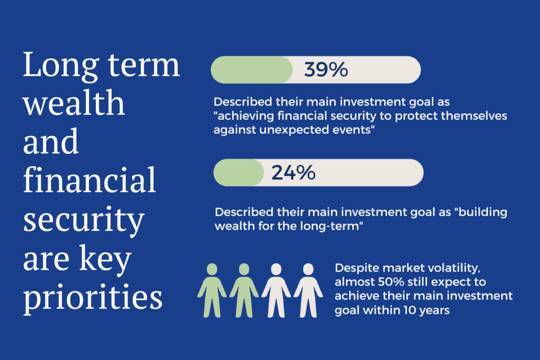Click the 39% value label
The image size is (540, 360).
click(x=326, y=70)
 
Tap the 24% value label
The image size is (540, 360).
click(x=293, y=172)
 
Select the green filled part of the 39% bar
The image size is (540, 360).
click(x=252, y=70)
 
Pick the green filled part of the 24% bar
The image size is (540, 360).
click(x=239, y=172)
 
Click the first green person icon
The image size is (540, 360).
click(x=212, y=290)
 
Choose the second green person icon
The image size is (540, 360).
click(x=244, y=290)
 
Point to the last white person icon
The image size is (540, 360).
click(x=308, y=290)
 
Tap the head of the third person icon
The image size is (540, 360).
click(x=276, y=269)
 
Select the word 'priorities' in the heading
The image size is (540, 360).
click(x=93, y=296)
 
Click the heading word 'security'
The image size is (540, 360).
click(x=83, y=220)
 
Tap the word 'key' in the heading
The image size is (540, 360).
click(x=105, y=259)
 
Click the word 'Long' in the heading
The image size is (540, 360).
click(x=61, y=65)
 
